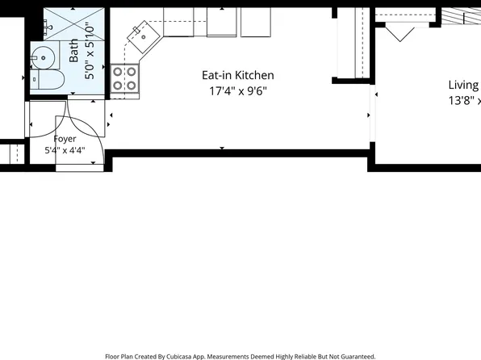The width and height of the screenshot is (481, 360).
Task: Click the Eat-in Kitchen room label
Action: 238,75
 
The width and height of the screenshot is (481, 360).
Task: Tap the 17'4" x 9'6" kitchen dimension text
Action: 238,91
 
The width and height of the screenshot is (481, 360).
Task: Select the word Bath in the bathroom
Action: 73,50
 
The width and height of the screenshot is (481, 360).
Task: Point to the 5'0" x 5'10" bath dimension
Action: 90,52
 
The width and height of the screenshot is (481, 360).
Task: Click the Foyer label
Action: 65,139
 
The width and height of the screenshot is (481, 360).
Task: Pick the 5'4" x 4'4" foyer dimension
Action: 65,150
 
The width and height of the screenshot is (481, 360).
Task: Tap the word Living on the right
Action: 463,85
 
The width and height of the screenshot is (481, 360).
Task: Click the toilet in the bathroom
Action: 47,79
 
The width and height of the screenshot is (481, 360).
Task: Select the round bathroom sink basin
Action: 44,57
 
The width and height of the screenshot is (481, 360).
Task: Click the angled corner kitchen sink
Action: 144,37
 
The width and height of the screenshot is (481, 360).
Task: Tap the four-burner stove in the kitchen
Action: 124,78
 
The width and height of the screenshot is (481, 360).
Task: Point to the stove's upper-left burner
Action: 118,72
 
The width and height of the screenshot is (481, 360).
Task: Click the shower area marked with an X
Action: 74,24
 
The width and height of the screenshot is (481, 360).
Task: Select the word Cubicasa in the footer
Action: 179,357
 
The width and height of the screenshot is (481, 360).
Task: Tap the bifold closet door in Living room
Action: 400,34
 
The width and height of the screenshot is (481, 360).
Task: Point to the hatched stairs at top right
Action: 461,16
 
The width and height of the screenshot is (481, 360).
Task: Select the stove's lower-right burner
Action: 132,86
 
